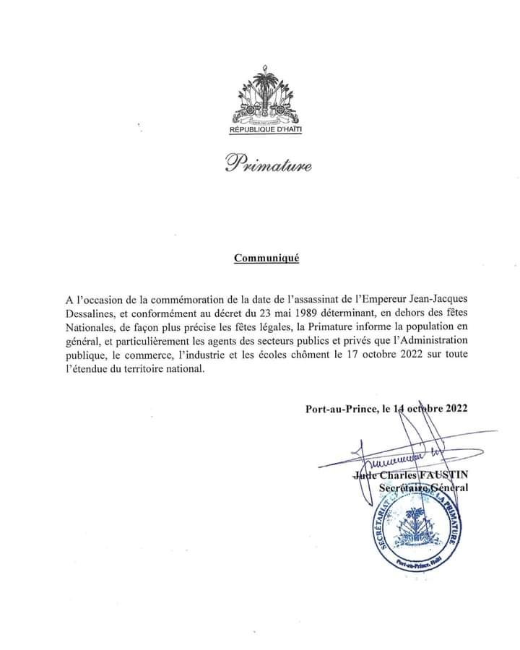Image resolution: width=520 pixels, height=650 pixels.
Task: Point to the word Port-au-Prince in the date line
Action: (341, 408)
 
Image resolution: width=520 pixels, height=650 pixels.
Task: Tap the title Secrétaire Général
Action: (423, 488)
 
